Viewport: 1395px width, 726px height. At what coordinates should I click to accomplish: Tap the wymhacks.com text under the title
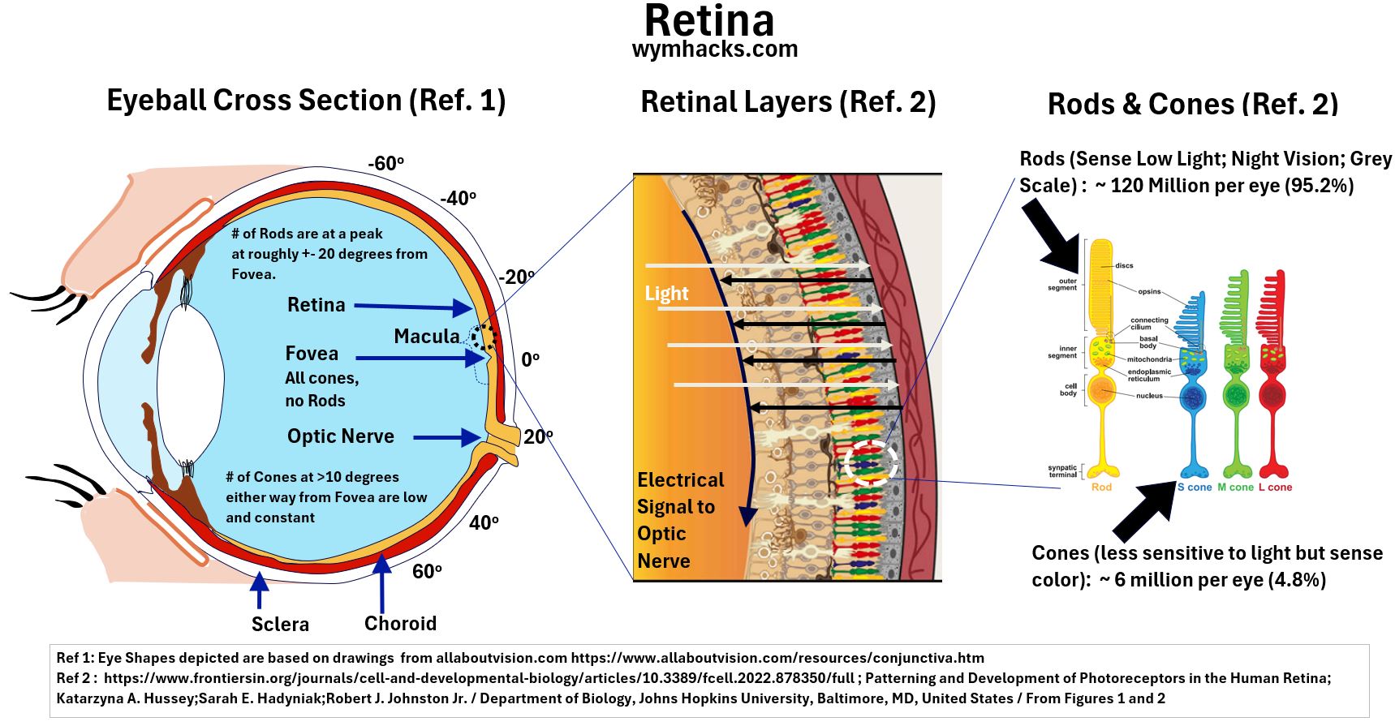pyautogui.click(x=714, y=49)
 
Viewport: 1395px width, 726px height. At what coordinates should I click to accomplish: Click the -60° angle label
pyautogui.click(x=385, y=163)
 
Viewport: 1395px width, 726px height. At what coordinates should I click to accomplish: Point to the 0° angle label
pyautogui.click(x=530, y=359)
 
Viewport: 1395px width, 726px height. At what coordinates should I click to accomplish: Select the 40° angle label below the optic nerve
pyautogui.click(x=484, y=523)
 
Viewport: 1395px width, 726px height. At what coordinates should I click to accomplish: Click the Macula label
pyautogui.click(x=426, y=336)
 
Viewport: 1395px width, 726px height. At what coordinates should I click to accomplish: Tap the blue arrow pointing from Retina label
pyautogui.click(x=413, y=307)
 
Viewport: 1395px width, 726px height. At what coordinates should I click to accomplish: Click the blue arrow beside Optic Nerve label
pyautogui.click(x=446, y=437)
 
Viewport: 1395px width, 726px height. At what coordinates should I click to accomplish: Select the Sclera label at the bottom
pyautogui.click(x=280, y=624)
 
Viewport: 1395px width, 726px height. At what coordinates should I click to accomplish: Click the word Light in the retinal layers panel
pyautogui.click(x=666, y=294)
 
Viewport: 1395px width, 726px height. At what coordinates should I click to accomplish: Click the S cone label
pyautogui.click(x=1194, y=488)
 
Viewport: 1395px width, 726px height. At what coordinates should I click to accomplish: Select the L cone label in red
pyautogui.click(x=1275, y=488)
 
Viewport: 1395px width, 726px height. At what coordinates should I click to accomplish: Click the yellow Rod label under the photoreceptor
pyautogui.click(x=1101, y=488)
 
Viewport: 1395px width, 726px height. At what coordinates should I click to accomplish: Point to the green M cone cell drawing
pyautogui.click(x=1236, y=373)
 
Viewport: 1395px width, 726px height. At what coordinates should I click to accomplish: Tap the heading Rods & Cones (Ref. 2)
pyautogui.click(x=1192, y=104)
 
